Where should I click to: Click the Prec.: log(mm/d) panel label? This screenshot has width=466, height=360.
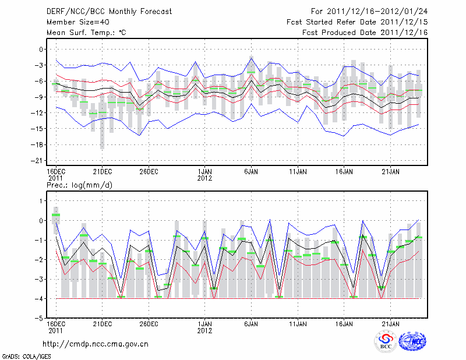click(78, 185)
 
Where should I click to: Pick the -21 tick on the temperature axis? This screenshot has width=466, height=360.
click(38, 160)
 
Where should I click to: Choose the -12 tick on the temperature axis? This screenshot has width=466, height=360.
click(38, 113)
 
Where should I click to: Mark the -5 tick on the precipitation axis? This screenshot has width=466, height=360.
click(39, 319)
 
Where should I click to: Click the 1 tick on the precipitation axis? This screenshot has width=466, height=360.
click(41, 200)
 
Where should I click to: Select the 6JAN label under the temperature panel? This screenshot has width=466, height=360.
click(251, 172)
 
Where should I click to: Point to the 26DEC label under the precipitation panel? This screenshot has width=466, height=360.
click(149, 324)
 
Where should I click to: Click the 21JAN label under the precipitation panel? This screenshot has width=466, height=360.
click(390, 324)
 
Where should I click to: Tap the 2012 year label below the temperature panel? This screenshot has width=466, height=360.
click(204, 178)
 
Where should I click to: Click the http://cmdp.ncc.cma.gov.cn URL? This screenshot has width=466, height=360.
click(96, 344)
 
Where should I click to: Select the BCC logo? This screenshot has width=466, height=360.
click(386, 342)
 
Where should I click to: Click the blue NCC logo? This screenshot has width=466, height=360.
click(412, 341)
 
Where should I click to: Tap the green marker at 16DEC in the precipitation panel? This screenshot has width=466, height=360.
click(56, 215)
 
